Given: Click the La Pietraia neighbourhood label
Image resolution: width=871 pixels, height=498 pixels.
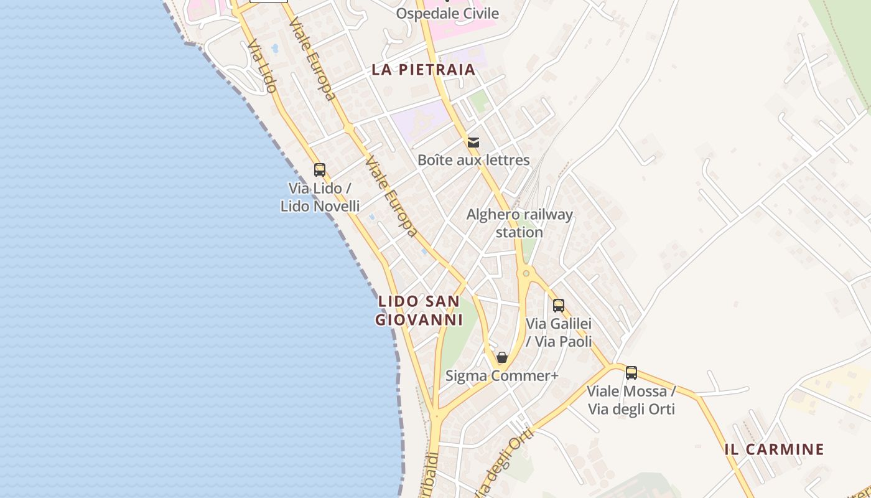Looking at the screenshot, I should coord(424,70).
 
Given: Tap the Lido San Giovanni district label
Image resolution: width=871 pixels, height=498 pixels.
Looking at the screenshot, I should coord(419,311).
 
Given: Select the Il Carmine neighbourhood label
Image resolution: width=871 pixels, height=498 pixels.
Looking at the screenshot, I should coord(775,449).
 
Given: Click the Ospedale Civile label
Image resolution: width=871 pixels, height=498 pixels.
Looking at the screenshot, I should coord(448,13).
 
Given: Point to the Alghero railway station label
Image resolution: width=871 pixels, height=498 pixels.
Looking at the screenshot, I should coord(519,223).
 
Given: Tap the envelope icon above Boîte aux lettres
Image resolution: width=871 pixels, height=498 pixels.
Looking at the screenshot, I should coord(473,143).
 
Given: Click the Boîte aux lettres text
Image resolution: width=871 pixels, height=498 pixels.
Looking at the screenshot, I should coord(473,160).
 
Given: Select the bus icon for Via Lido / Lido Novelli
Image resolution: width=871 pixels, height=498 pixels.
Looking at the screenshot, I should coord(320,169).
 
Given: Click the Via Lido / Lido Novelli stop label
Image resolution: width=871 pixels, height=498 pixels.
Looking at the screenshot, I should coord(320,197).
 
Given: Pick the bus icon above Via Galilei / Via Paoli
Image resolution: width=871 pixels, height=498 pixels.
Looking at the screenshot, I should coord(559,305).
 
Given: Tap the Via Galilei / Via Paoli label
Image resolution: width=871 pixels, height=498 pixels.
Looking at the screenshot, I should coord(559,332).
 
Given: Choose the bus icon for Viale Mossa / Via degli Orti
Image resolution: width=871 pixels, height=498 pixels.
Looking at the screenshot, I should coord(631,372).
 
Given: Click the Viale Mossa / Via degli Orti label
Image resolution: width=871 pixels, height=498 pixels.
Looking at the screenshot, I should coord(631,400).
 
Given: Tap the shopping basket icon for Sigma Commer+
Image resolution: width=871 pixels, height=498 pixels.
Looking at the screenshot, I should coord(502,357).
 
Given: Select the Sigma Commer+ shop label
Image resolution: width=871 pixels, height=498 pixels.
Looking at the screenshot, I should coord(502,376).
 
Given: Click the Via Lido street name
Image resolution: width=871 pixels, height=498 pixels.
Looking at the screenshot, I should coord(262,67).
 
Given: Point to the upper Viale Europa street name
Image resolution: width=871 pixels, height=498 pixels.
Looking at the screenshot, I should coord(312,59).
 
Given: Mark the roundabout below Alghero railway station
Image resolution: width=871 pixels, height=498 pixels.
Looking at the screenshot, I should coord(526,273).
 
